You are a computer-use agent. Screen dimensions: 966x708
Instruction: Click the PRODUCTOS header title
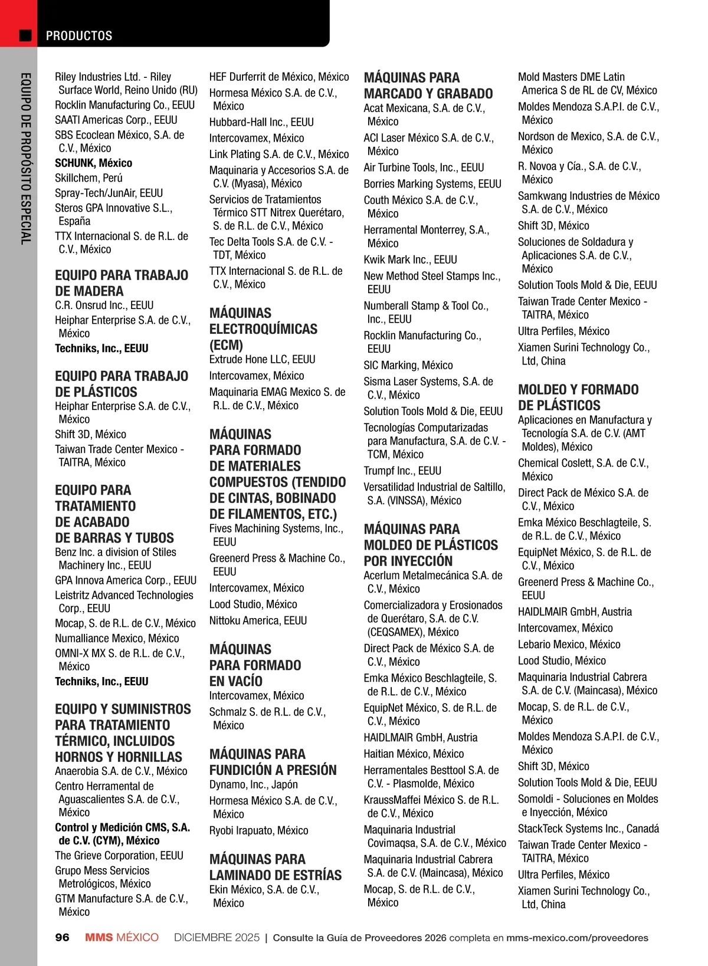[x=79, y=35]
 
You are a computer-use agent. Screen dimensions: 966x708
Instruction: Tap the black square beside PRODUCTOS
[x=25, y=35]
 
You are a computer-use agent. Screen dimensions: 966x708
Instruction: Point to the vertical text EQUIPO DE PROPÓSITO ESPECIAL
[x=25, y=158]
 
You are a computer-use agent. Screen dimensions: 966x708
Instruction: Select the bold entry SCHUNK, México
[x=93, y=163]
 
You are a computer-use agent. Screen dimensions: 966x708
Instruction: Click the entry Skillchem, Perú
[x=88, y=178]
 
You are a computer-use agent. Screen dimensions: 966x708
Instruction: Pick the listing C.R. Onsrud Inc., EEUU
[x=104, y=305]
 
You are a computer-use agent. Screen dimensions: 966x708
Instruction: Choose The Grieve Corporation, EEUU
[x=119, y=855]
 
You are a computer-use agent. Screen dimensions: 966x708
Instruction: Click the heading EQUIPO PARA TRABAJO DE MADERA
[x=122, y=283]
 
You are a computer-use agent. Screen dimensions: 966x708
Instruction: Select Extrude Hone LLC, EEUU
[x=262, y=359]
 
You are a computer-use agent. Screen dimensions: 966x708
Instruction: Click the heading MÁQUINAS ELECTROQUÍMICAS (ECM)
[x=263, y=328]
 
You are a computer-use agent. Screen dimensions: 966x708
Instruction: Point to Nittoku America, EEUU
[x=258, y=620]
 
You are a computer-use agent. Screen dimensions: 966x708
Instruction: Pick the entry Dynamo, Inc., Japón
[x=253, y=784]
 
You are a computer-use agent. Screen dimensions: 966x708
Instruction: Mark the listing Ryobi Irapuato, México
[x=258, y=830]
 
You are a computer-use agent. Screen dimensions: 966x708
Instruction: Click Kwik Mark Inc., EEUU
[x=410, y=259]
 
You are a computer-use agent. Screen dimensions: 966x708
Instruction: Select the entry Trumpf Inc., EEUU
[x=402, y=471]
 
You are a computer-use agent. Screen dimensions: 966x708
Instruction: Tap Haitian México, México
[x=414, y=754]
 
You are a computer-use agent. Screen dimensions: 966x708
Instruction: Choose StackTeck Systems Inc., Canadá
[x=588, y=829]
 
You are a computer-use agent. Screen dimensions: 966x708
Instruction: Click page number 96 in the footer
[x=62, y=938]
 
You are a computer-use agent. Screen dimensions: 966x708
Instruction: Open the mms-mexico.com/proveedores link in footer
[x=577, y=938]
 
